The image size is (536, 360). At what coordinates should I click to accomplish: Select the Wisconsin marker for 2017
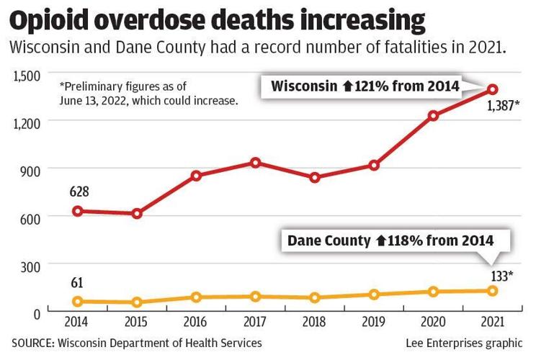[x=255, y=163]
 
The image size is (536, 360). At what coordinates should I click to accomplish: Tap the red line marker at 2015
[x=136, y=214]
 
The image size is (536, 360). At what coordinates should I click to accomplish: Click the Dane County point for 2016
[x=196, y=297]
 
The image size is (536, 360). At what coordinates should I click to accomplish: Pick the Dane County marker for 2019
[x=374, y=294]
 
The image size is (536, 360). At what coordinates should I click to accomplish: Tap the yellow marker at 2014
[x=77, y=301]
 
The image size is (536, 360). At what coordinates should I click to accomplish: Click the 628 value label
[x=79, y=192]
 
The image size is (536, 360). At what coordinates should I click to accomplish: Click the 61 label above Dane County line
[x=76, y=282]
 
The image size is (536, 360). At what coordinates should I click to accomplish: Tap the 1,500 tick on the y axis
[x=26, y=73]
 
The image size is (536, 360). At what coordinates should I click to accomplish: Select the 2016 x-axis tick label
[x=196, y=323]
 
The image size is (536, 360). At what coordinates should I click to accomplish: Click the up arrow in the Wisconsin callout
[x=347, y=87]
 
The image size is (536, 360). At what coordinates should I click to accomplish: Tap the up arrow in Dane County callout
[x=381, y=241]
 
